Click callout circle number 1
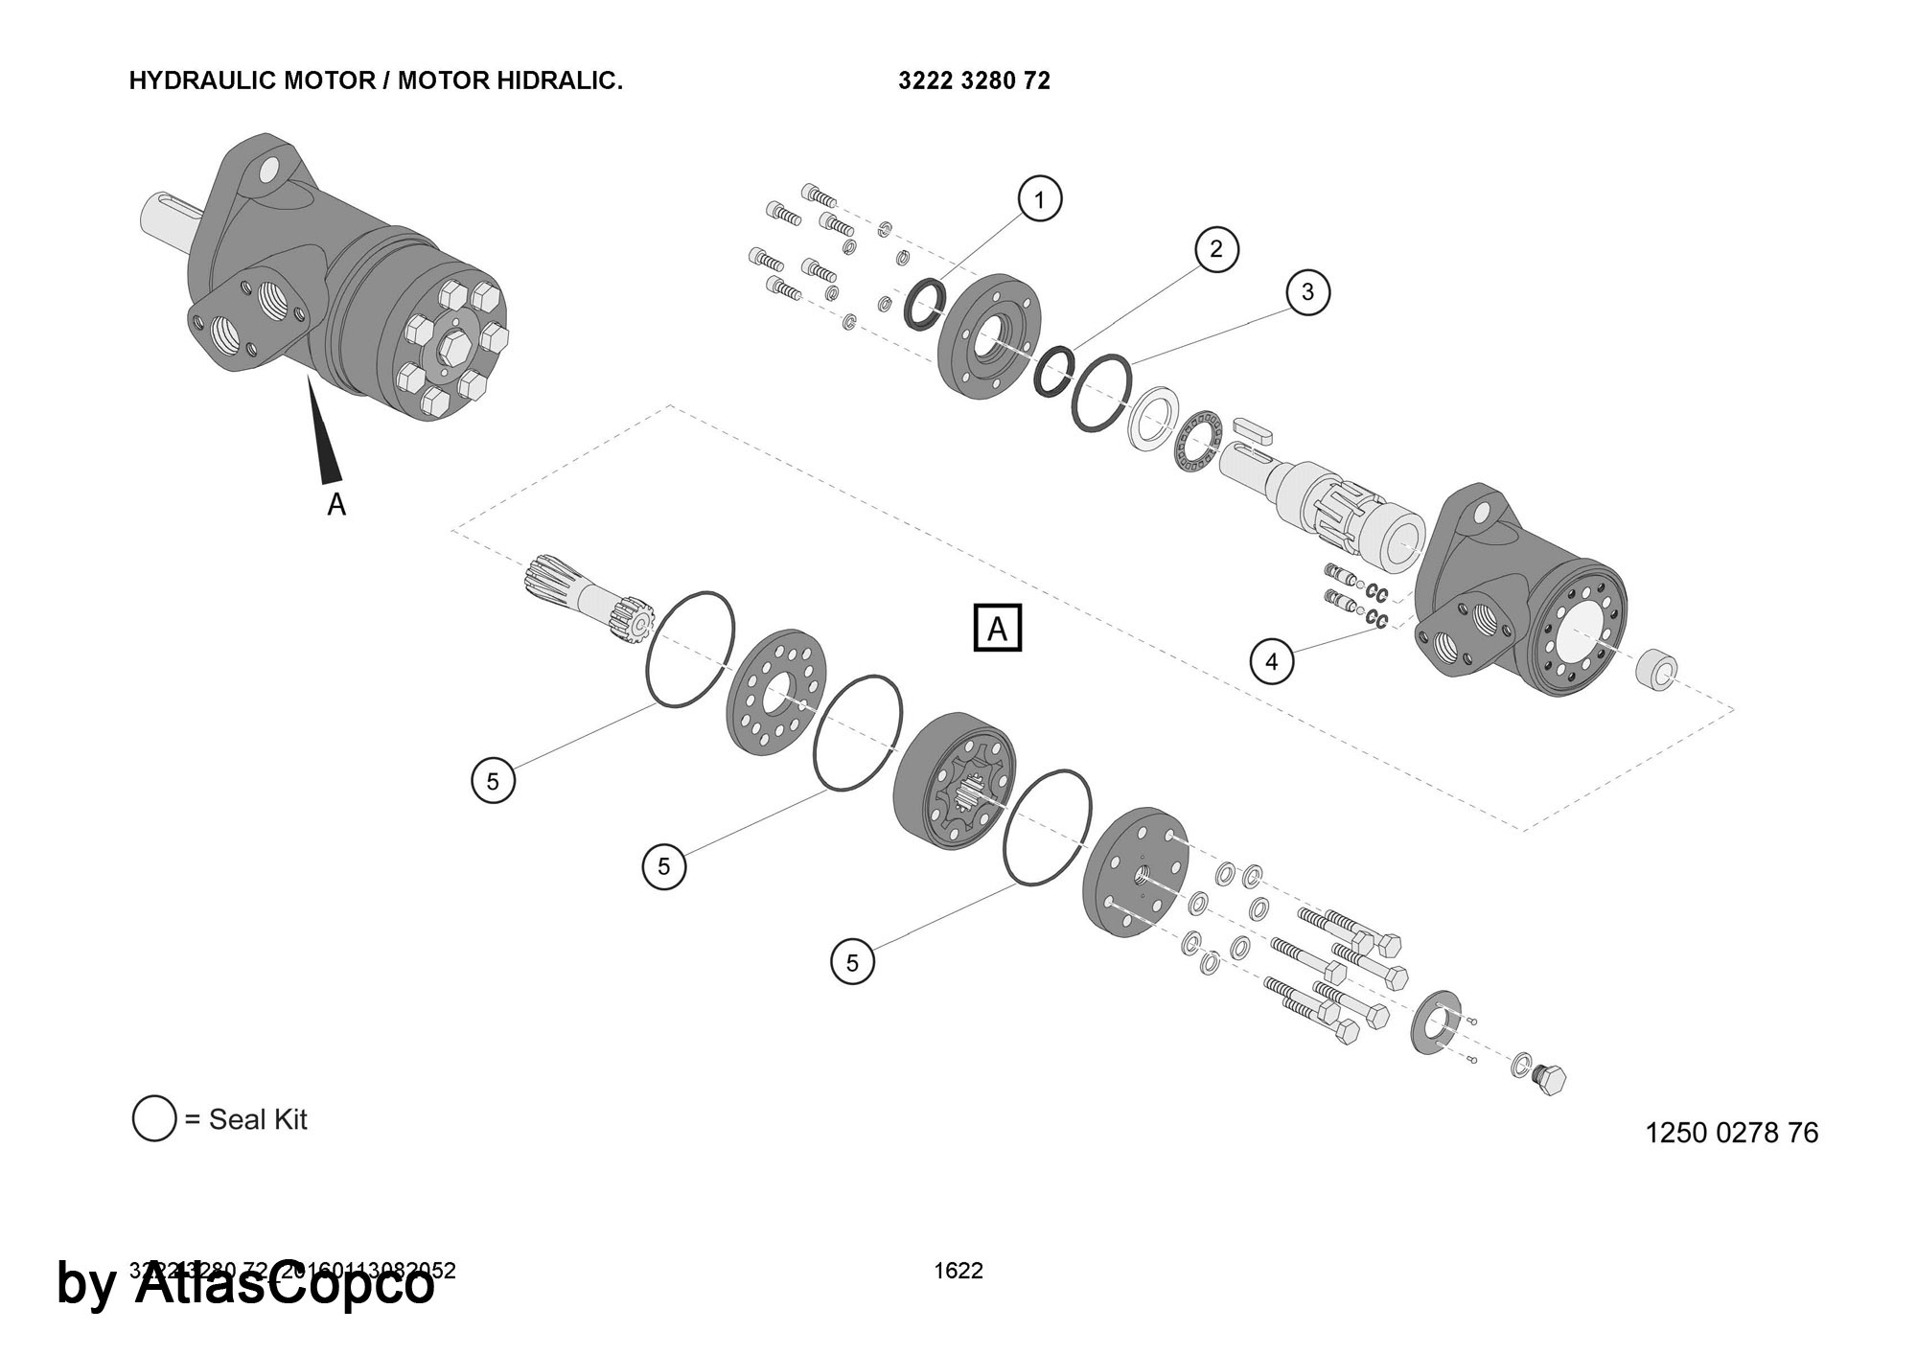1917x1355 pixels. point(1039,199)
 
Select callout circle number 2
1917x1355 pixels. point(1216,249)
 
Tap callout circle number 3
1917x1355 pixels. point(1308,291)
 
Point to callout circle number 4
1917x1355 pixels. point(1272,661)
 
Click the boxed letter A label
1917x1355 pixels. point(997,629)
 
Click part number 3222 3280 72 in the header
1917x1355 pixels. point(974,81)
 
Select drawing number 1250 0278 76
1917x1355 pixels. point(1731,1133)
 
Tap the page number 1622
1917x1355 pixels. point(958,1271)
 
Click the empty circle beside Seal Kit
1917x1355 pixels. point(154,1118)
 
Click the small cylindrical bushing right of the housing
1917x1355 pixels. point(1656,670)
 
